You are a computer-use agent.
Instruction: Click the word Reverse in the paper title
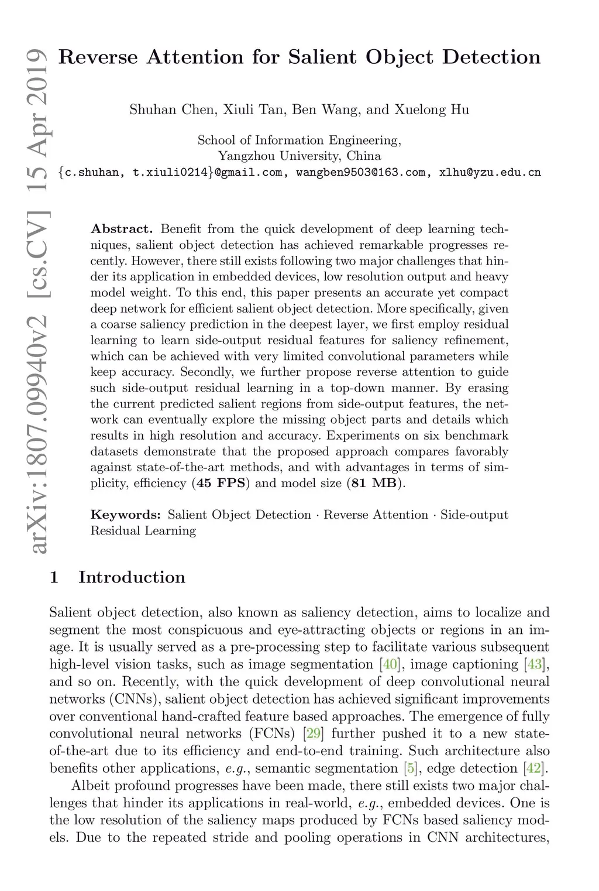(99, 57)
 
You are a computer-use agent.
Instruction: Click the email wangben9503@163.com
(362, 172)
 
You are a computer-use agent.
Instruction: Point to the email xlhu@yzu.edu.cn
(490, 172)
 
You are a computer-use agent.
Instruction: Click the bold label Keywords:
(125, 515)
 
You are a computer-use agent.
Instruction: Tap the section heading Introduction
(132, 577)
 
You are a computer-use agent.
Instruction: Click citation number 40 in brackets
(386, 664)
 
